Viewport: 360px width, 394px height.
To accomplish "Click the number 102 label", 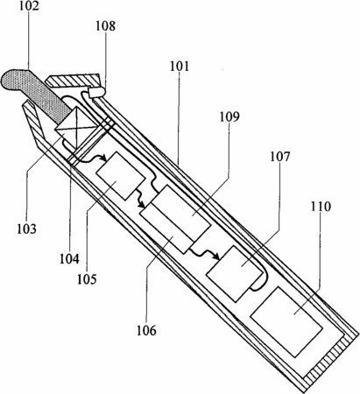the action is (x=29, y=6).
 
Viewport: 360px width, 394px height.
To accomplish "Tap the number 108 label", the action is (x=105, y=25).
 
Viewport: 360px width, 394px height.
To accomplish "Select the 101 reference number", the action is (x=180, y=67).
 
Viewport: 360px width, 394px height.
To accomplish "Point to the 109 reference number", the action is (x=229, y=116).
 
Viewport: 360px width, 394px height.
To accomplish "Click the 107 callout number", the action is (x=279, y=157).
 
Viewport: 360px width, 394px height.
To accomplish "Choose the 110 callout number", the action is (x=321, y=207).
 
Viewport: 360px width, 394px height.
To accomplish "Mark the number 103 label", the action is (x=26, y=229).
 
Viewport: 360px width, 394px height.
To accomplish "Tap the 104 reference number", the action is (x=69, y=258).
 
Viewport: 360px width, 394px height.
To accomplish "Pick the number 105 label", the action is (x=87, y=279).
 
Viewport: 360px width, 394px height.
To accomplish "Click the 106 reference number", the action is (x=146, y=330).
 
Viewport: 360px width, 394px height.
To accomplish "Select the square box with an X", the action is (x=77, y=127).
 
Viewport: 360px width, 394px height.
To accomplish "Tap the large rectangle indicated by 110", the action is (x=286, y=321).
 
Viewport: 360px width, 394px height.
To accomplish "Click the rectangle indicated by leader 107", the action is (x=235, y=273).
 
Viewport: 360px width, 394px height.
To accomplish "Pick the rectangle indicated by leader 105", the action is (x=120, y=176).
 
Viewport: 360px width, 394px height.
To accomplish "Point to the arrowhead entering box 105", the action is (x=102, y=158).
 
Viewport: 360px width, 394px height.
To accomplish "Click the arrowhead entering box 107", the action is (x=216, y=257).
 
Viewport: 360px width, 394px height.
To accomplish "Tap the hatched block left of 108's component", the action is (x=73, y=80).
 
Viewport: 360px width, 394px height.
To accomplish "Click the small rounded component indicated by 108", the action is (x=96, y=93).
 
